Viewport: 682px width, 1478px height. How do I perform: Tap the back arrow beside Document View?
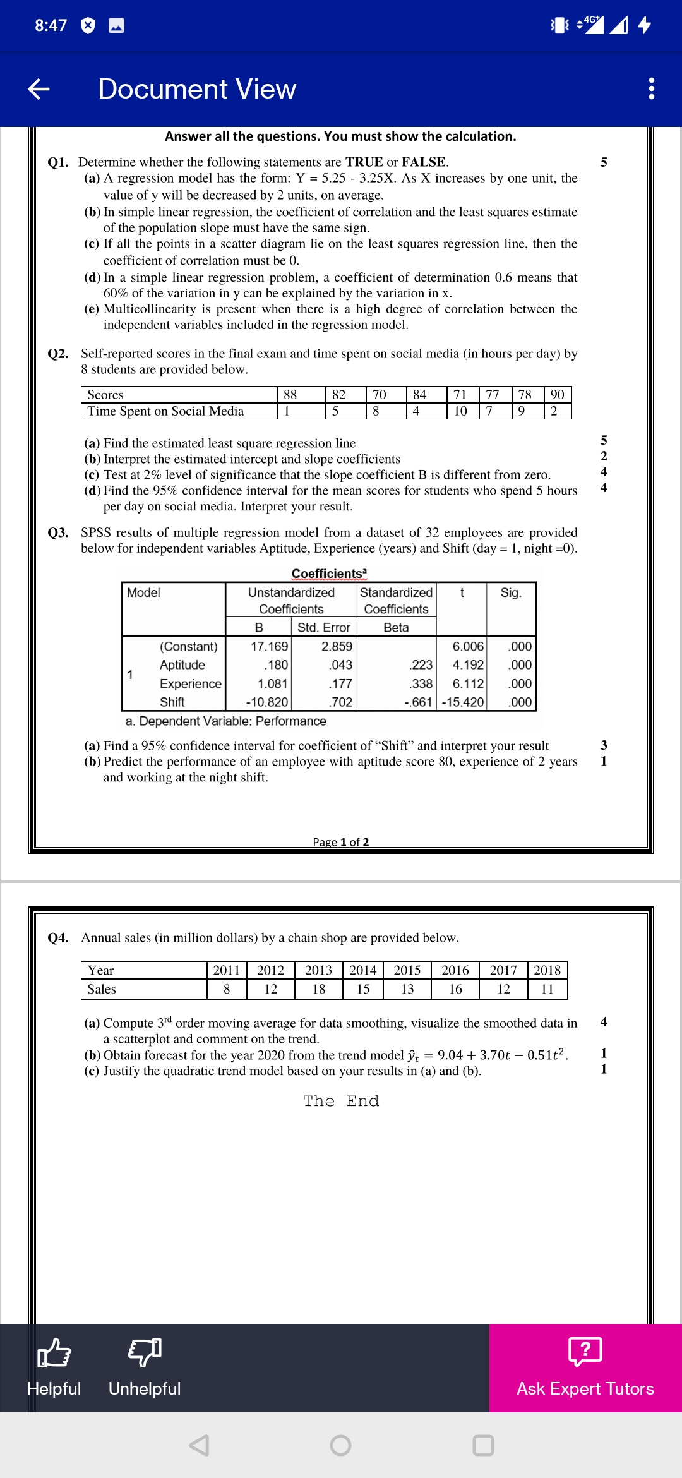39,89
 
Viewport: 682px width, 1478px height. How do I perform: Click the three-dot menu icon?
651,88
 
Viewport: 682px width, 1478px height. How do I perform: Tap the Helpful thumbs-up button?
54,1367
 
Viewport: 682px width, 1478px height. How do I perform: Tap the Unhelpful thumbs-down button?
145,1367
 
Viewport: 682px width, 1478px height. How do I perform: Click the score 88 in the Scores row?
290,395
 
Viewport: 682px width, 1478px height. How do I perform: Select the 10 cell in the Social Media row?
460,411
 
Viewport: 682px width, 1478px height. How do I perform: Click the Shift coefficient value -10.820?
267,702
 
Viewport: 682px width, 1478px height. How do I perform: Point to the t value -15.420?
463,702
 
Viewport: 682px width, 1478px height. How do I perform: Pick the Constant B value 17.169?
269,646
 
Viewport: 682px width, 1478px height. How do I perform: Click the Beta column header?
396,627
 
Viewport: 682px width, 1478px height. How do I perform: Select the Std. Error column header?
323,627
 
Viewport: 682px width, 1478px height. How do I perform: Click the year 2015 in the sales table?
407,970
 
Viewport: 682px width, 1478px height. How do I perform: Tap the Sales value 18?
319,989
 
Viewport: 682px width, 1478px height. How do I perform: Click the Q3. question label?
58,532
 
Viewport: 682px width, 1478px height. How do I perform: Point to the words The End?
341,1101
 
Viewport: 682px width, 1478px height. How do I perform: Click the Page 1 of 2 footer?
341,842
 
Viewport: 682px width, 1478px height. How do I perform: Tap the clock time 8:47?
51,25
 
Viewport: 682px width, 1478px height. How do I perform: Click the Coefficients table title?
328,574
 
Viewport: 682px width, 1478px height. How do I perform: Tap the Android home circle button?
340,1445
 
